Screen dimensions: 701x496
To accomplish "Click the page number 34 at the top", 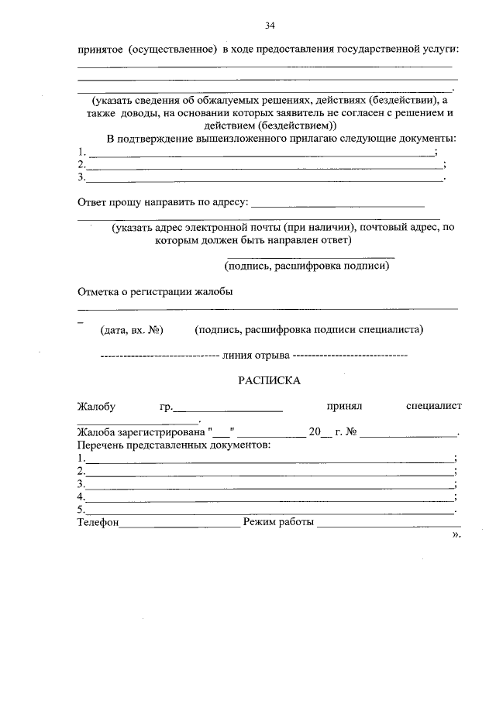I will coord(270,26).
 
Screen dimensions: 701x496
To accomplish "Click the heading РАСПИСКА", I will coord(268,380).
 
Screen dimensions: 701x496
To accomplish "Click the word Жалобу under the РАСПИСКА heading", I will coord(96,406).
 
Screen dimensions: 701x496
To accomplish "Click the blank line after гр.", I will coord(228,408).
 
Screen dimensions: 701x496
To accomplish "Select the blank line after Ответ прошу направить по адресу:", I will coord(339,205).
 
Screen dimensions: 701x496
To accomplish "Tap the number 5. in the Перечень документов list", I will coord(81,510).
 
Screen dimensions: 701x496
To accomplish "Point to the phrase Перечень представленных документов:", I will coord(174,445).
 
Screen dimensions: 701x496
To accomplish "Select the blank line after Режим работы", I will coord(387,524).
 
